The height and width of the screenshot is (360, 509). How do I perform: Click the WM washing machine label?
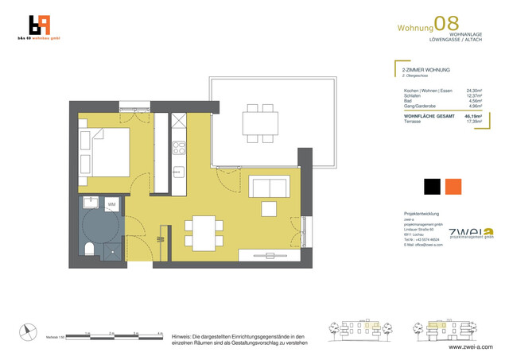click(111, 203)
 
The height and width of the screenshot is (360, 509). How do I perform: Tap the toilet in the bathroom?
click(90, 250)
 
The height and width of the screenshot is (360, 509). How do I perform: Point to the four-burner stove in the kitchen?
click(179, 147)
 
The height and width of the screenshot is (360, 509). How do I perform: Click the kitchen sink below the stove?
click(179, 170)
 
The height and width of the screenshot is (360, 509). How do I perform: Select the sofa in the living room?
click(268, 188)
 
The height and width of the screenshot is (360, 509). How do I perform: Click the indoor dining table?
click(204, 231)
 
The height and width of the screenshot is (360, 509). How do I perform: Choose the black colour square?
click(432, 186)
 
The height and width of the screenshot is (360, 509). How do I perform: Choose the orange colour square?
click(453, 186)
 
